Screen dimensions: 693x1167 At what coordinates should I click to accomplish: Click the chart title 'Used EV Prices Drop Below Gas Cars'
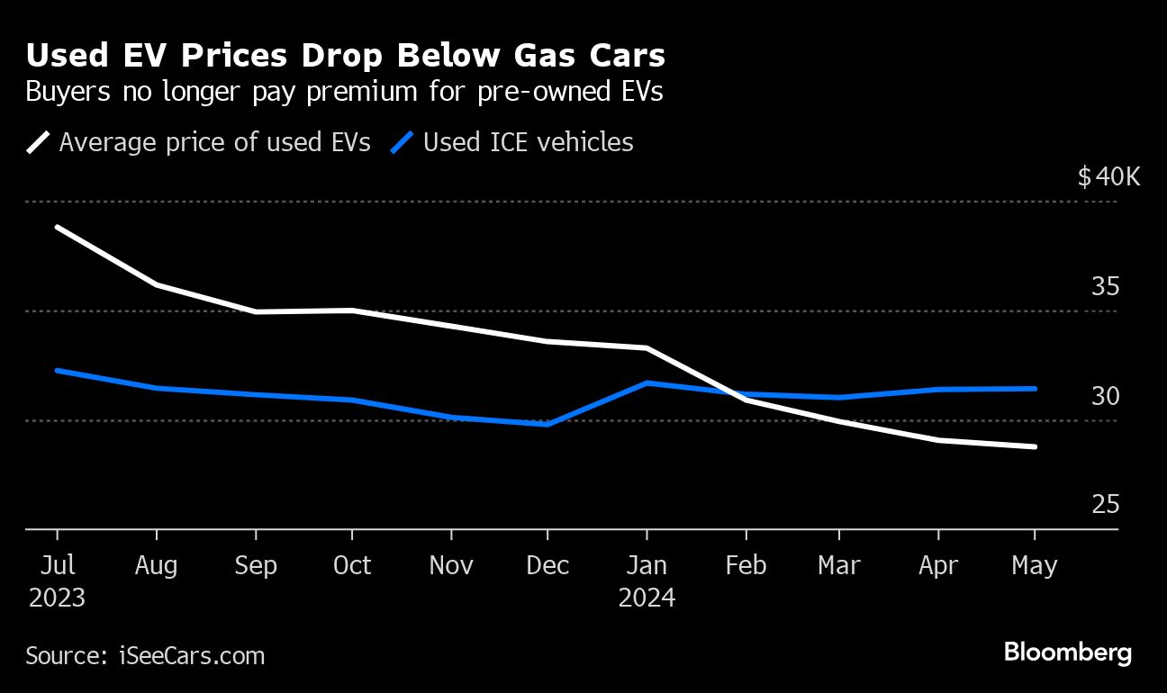pyautogui.click(x=346, y=56)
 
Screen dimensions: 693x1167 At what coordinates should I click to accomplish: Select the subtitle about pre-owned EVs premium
pyautogui.click(x=344, y=93)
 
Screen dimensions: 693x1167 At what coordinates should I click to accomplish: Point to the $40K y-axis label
pyautogui.click(x=1108, y=176)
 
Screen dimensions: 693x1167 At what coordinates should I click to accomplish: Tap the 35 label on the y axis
pyautogui.click(x=1105, y=287)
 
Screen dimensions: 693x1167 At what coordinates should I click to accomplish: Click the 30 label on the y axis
pyautogui.click(x=1105, y=396)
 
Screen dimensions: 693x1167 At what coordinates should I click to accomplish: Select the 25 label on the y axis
pyautogui.click(x=1105, y=505)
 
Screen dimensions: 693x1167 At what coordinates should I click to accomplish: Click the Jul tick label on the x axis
pyautogui.click(x=57, y=565)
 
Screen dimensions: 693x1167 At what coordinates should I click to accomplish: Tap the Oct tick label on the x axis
pyautogui.click(x=352, y=565)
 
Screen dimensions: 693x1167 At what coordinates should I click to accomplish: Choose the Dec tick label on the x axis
pyautogui.click(x=547, y=565)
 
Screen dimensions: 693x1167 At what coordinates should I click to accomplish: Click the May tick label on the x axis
pyautogui.click(x=1035, y=565)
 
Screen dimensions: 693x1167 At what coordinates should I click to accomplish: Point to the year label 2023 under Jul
pyautogui.click(x=57, y=598)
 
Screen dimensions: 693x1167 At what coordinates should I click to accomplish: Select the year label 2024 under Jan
pyautogui.click(x=647, y=598)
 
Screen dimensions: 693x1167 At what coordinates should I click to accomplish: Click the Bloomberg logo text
pyautogui.click(x=1067, y=652)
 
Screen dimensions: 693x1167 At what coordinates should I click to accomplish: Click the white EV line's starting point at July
pyautogui.click(x=57, y=227)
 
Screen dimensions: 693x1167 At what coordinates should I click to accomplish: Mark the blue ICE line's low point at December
pyautogui.click(x=547, y=424)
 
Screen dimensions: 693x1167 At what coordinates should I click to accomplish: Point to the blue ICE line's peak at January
pyautogui.click(x=647, y=382)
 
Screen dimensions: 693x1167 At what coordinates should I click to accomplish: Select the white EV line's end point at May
pyautogui.click(x=1036, y=446)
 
